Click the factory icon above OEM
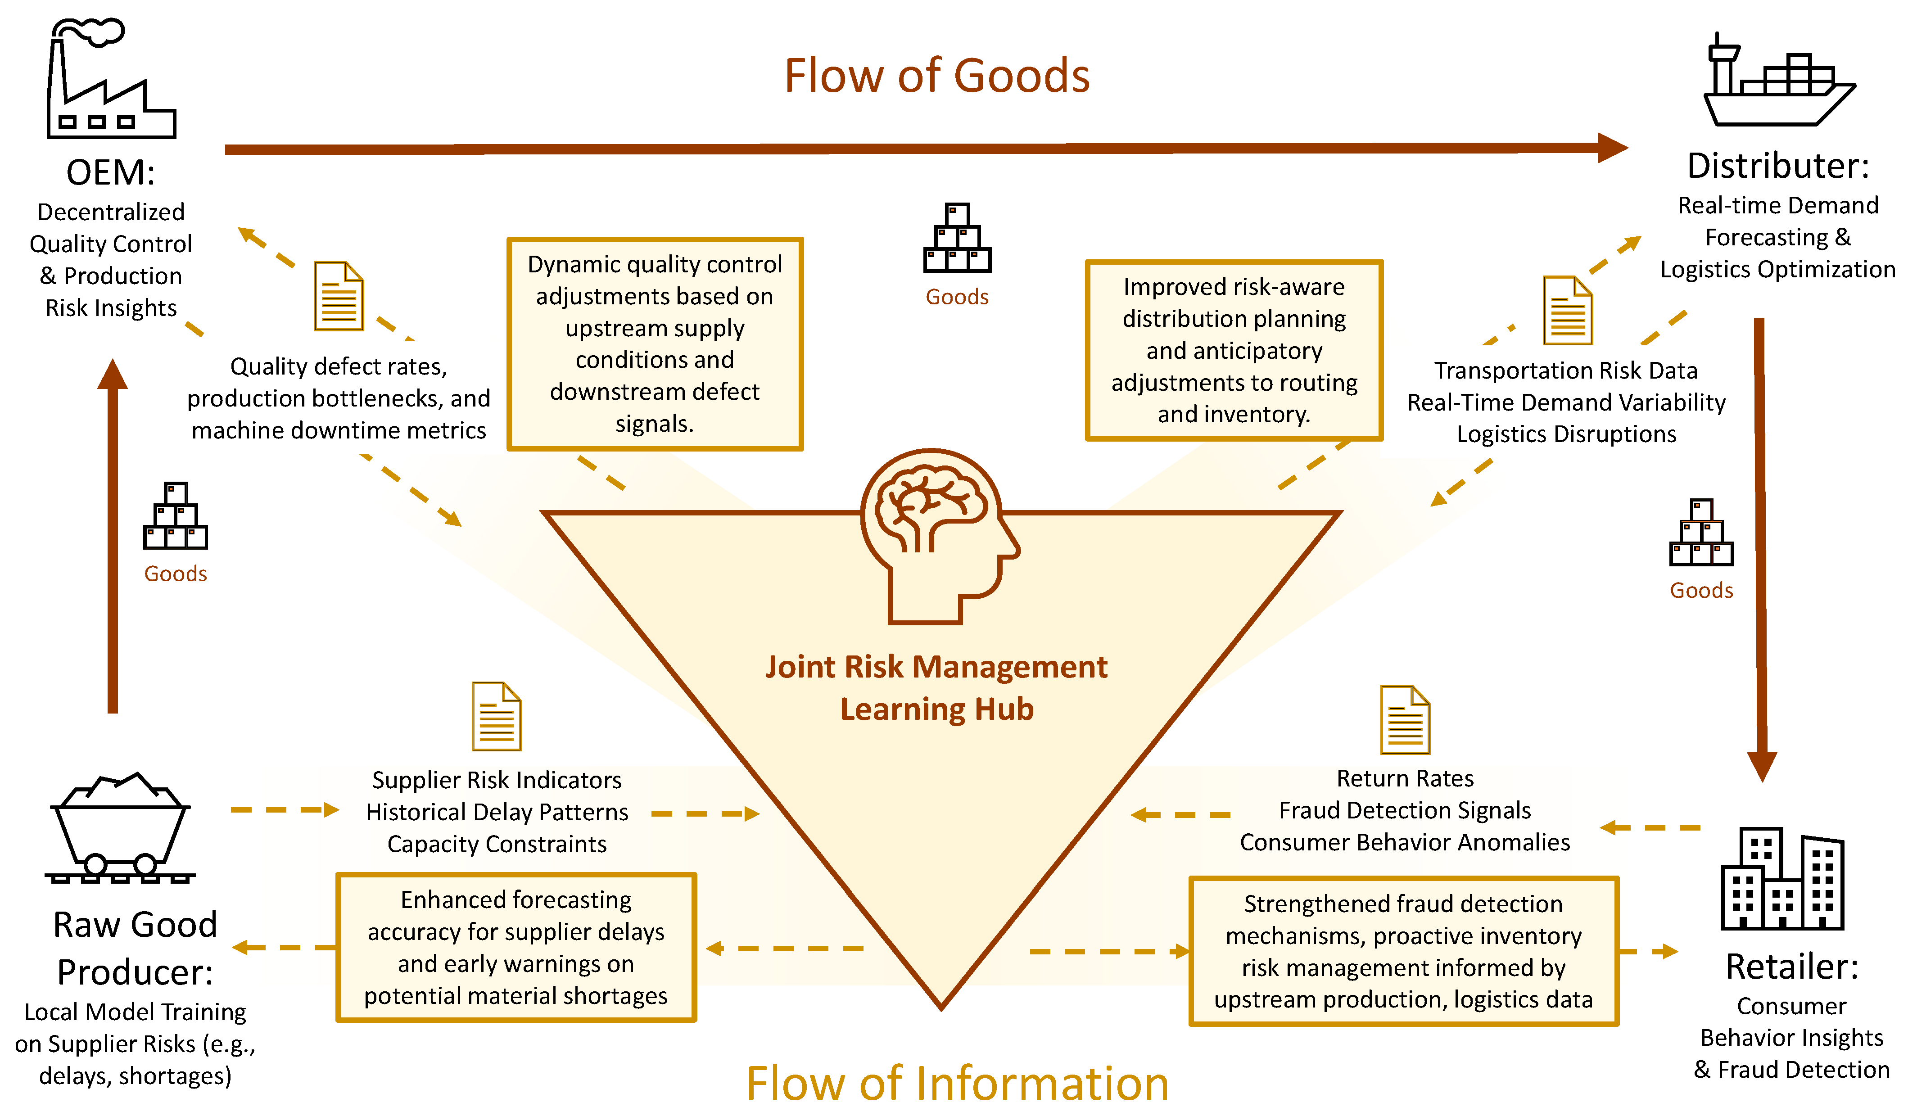click(111, 80)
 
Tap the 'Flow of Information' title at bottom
click(957, 1083)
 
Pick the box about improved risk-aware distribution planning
click(1234, 350)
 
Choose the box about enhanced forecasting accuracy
click(515, 947)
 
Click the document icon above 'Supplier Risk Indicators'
click(497, 716)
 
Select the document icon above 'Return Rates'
click(1405, 719)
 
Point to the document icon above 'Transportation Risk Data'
click(1567, 311)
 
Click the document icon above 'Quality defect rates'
click(339, 296)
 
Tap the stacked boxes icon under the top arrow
click(957, 239)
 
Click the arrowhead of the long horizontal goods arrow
click(1613, 148)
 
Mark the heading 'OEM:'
click(111, 172)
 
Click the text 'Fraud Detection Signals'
click(1405, 810)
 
